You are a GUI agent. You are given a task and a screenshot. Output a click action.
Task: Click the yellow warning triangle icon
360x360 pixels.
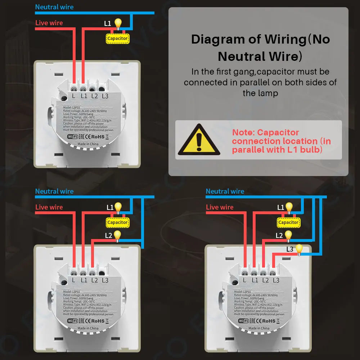(199, 140)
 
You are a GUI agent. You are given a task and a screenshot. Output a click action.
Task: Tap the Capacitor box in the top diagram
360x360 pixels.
(117, 39)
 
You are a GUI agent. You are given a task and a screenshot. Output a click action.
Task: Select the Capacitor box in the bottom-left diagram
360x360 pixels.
(117, 222)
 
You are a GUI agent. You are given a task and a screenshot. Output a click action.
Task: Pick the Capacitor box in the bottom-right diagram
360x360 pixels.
(288, 222)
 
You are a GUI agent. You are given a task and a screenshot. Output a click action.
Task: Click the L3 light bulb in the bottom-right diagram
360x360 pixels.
(299, 249)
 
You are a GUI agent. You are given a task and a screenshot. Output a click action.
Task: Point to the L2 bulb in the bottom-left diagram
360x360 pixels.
(117, 235)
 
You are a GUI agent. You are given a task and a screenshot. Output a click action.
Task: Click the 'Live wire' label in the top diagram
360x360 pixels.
(49, 23)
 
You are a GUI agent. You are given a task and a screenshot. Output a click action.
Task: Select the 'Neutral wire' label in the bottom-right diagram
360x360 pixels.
(225, 192)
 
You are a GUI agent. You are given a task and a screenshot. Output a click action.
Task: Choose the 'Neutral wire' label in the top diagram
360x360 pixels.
(54, 7)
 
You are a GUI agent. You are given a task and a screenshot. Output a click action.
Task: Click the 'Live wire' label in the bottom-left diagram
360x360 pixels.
(49, 207)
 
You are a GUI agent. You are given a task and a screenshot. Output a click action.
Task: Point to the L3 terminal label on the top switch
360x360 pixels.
(105, 96)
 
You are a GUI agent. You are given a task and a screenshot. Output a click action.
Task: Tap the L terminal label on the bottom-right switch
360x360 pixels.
(244, 280)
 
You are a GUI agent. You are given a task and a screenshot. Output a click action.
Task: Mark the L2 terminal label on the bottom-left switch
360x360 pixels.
(94, 280)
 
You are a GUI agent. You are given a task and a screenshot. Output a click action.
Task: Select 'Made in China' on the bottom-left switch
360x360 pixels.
(88, 328)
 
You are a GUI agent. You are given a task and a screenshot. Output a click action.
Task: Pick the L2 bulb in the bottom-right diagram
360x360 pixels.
(288, 235)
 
